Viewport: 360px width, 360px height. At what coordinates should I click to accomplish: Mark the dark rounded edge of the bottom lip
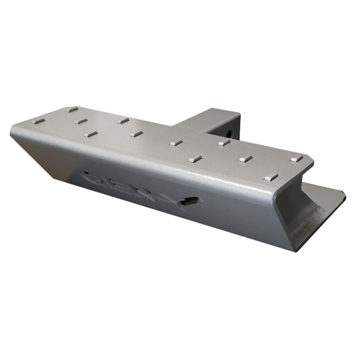click(343, 194)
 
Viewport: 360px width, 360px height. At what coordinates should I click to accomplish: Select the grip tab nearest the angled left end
click(40, 121)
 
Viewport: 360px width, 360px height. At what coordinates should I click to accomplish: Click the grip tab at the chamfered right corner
click(297, 158)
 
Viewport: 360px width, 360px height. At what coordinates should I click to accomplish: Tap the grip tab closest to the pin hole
click(224, 143)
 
